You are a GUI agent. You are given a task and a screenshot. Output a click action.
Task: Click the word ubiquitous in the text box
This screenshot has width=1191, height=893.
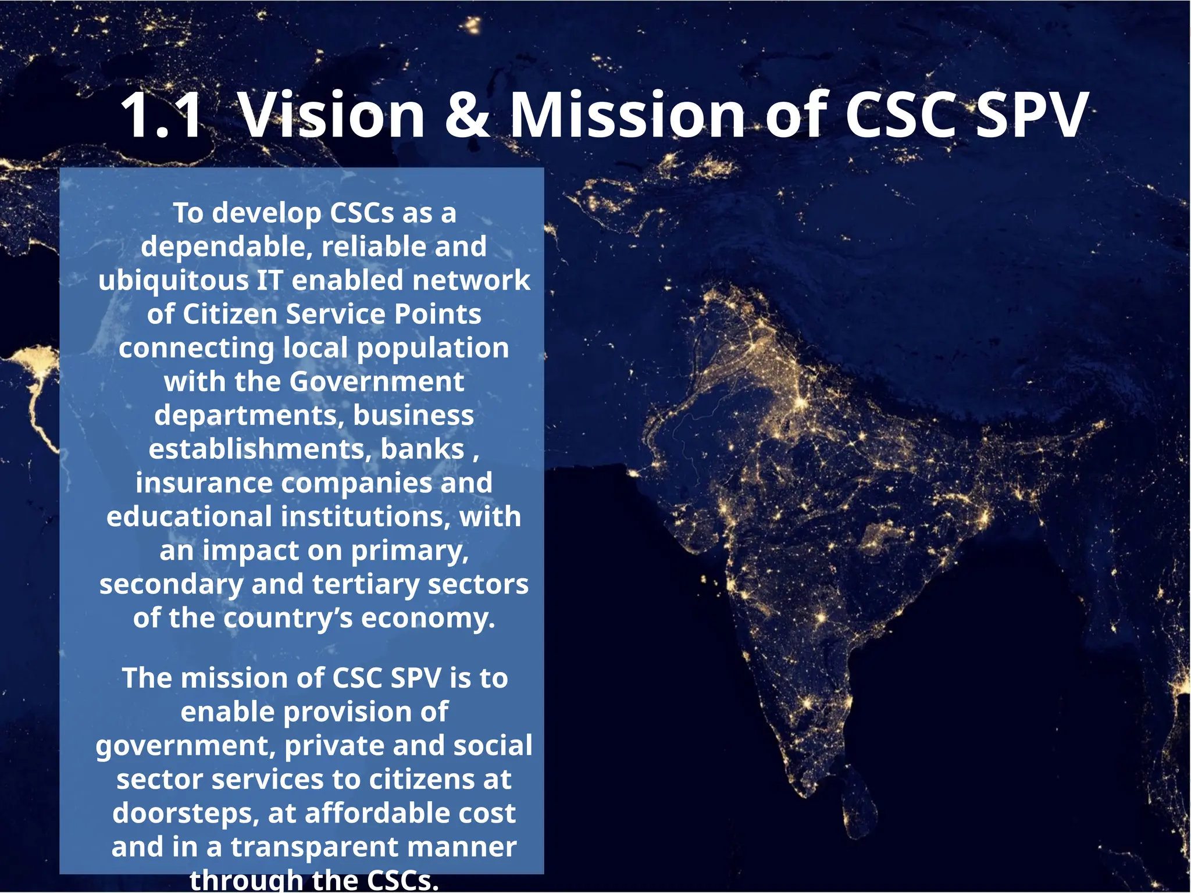pos(173,280)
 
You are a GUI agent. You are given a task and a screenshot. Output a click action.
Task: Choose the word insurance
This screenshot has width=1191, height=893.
pos(204,483)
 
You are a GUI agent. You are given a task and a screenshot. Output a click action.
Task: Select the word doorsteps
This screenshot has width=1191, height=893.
pos(185,813)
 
